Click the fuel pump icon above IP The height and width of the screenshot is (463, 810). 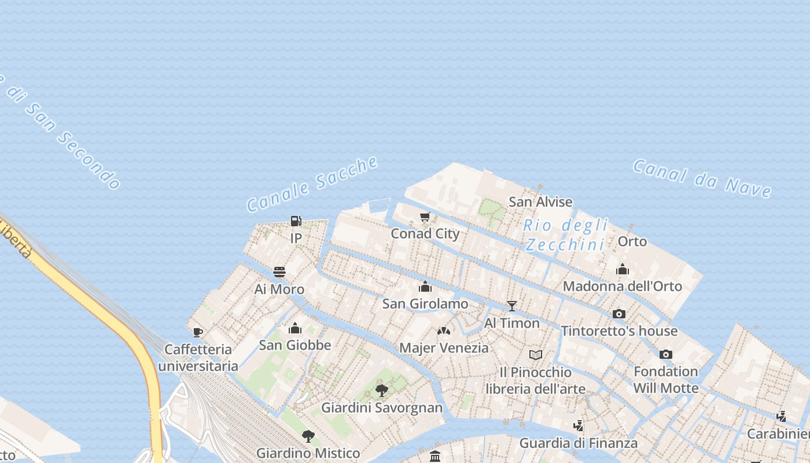[x=296, y=221]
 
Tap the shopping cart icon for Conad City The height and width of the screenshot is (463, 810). [x=425, y=217]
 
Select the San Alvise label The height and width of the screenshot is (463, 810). [x=540, y=202]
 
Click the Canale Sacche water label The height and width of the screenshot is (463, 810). [x=312, y=183]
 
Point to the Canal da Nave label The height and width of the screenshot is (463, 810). [x=702, y=178]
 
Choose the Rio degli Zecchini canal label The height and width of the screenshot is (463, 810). [x=565, y=235]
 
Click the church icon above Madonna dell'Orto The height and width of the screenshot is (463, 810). [x=623, y=269]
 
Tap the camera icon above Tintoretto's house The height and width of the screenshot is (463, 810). [x=619, y=314]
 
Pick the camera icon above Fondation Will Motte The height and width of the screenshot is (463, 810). [x=666, y=354]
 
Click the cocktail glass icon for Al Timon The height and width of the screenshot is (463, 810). [x=511, y=306]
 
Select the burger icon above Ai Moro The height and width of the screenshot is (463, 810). [x=279, y=272]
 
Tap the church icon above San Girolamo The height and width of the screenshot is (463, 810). [x=425, y=286]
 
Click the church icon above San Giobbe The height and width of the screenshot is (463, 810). [x=295, y=329]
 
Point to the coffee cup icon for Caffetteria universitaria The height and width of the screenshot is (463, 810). [x=198, y=332]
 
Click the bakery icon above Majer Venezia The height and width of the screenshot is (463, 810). [x=444, y=331]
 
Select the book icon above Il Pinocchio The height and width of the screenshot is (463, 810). [x=536, y=355]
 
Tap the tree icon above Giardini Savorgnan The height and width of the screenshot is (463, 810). [x=382, y=390]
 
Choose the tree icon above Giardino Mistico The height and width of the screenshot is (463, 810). [x=308, y=436]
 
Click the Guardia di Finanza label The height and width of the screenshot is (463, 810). [x=579, y=443]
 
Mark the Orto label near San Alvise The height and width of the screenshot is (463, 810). [x=632, y=241]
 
